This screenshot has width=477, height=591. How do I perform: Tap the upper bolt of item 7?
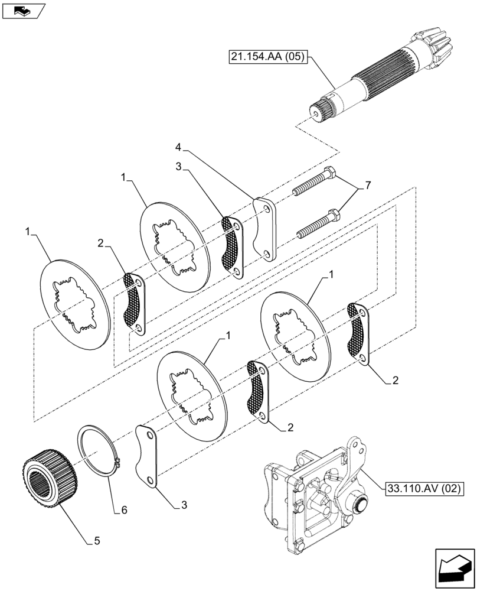click(x=315, y=181)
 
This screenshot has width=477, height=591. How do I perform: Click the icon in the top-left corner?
click(x=23, y=10)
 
